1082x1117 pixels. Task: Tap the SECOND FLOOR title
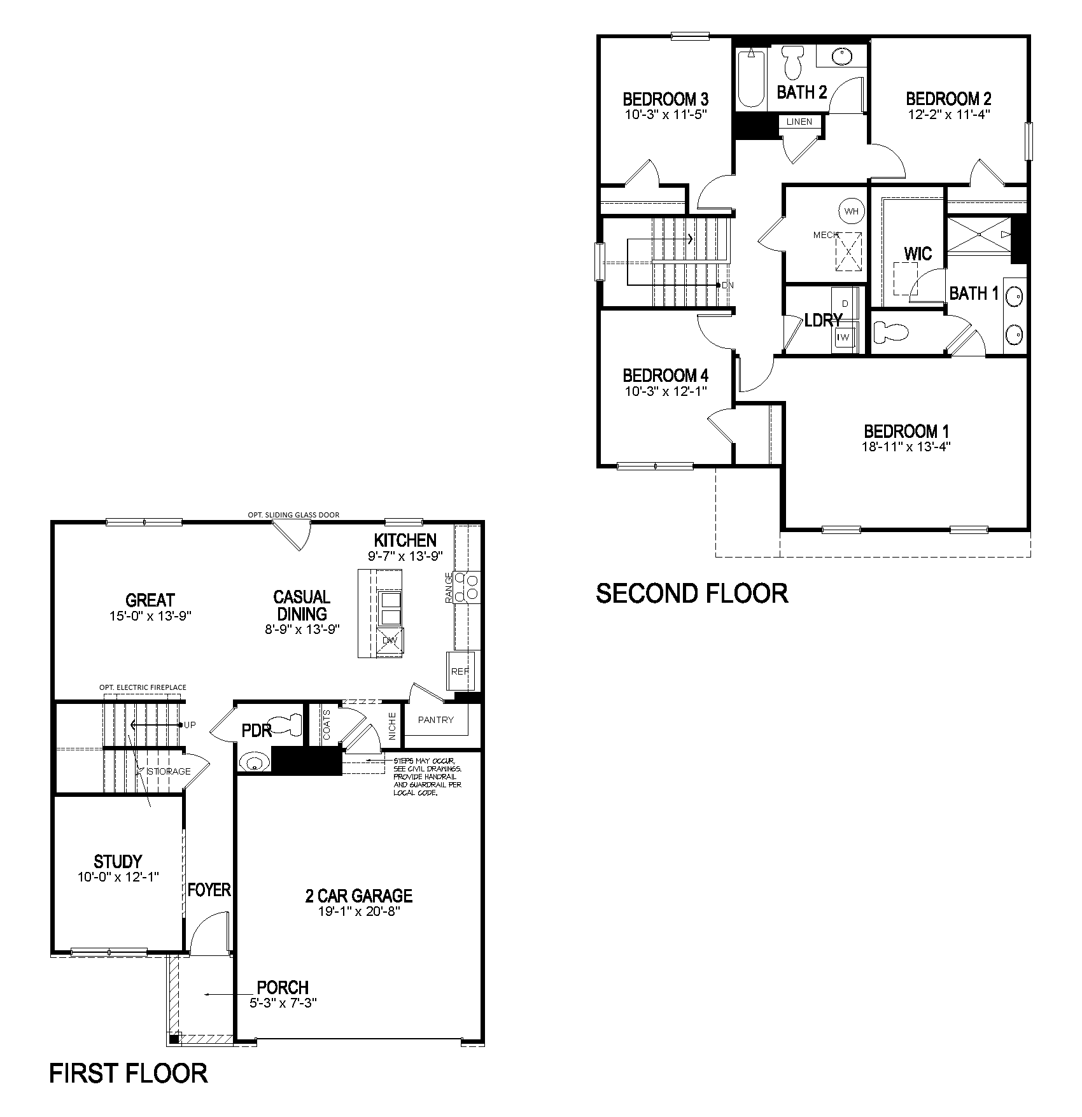pos(692,593)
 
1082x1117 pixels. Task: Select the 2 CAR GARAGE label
pos(359,896)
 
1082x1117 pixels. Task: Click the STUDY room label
pos(118,861)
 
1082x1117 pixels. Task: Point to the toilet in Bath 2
pos(792,61)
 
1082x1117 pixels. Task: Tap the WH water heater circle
pos(852,211)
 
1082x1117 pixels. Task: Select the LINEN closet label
pos(799,122)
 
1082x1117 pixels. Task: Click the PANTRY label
pos(436,719)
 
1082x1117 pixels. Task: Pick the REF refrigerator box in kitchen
pos(460,671)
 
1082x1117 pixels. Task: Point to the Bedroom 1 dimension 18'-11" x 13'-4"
pos(906,447)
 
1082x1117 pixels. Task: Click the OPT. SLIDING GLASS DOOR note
pos(293,515)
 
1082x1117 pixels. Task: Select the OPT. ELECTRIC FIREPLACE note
pos(143,687)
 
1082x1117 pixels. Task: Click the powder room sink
pos(253,762)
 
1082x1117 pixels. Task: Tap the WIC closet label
pos(918,254)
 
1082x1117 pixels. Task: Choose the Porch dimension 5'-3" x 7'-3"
pos(283,1002)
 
